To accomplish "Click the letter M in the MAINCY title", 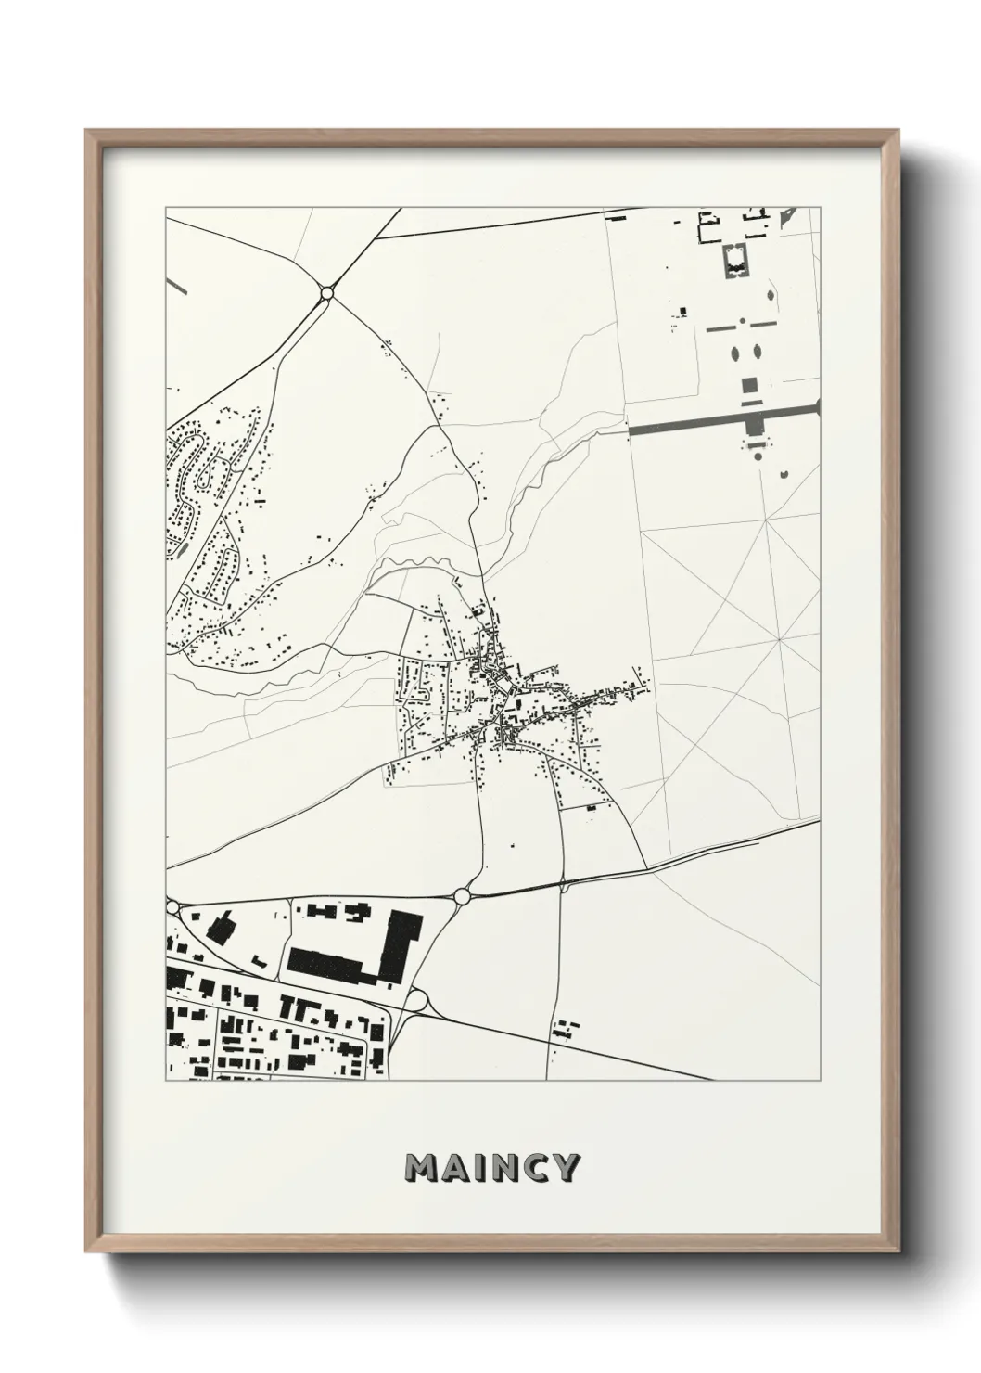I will pos(424,1168).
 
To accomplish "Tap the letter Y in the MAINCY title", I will pos(565,1168).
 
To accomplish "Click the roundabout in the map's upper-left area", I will pos(326,293).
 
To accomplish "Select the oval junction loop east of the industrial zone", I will pos(418,1001).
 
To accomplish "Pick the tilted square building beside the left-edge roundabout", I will pos(221,927).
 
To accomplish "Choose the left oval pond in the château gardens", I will pos(736,353).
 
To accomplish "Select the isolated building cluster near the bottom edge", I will pos(562,1030).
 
